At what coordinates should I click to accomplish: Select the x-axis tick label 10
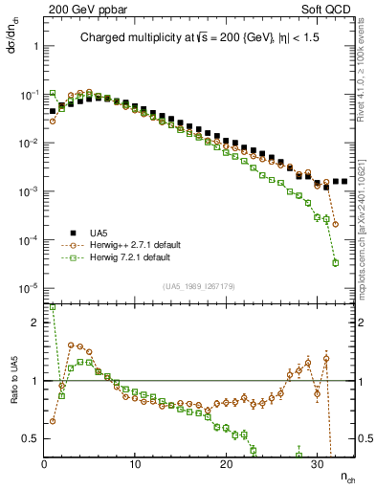coord(135,464)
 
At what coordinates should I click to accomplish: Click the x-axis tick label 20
coord(226,464)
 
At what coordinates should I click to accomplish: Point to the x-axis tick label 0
coord(44,464)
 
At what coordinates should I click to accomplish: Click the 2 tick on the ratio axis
coord(33,323)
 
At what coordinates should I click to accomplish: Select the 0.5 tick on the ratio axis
coord(30,438)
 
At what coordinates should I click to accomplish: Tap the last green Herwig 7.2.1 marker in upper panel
coord(335,262)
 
